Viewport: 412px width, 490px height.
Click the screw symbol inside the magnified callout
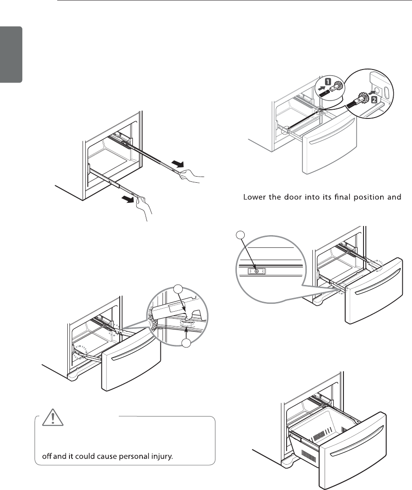(256, 271)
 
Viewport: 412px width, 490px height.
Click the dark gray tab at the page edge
(11, 55)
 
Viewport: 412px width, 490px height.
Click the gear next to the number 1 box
(338, 87)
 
